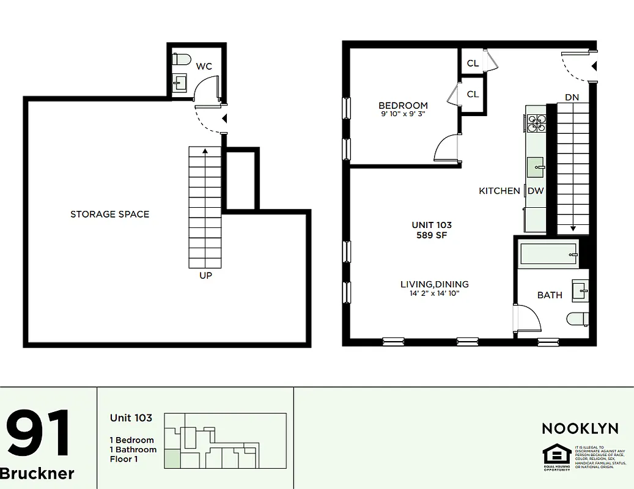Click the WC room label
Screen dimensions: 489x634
tap(204, 66)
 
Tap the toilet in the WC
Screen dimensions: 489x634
tap(182, 60)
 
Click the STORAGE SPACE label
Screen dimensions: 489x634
tap(109, 214)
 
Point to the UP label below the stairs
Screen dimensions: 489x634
tap(205, 276)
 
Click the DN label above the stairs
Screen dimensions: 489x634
tap(572, 97)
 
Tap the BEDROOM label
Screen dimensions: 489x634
tap(403, 105)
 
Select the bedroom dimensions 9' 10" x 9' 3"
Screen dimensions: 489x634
tap(403, 114)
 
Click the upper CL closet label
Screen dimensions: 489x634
tap(473, 63)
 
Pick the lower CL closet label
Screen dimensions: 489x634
tap(473, 94)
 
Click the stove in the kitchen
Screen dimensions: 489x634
tap(536, 123)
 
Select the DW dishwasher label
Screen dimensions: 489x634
tap(536, 191)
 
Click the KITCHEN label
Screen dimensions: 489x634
tap(499, 191)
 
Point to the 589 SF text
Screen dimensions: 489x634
tap(432, 235)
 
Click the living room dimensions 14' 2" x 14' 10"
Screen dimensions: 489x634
tap(434, 293)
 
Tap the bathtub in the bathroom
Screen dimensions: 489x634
tap(548, 254)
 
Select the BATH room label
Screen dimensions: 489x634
tap(550, 295)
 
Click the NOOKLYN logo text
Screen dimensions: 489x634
tap(580, 428)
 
